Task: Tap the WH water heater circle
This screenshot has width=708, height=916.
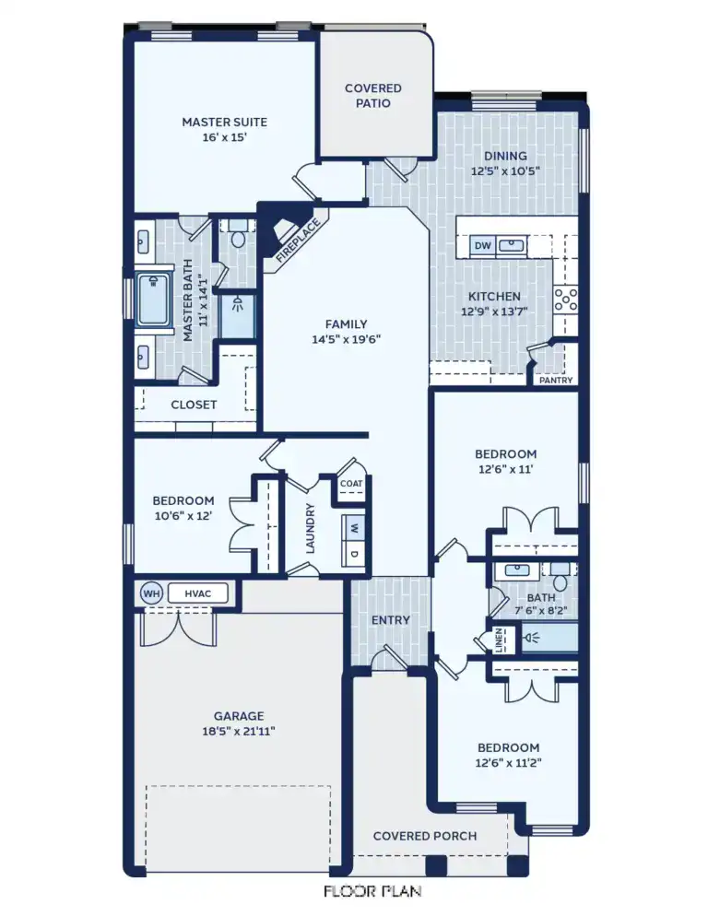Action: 150,593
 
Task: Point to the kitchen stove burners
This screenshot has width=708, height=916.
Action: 565,299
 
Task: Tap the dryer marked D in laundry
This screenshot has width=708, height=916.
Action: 354,554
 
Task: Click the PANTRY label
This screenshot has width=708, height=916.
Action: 556,380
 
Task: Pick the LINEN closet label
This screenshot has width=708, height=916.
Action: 499,639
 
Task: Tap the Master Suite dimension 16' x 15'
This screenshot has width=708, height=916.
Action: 224,137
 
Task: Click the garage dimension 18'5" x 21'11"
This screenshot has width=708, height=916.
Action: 239,731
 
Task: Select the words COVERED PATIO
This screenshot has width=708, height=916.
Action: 372,96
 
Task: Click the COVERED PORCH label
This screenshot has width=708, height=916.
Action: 425,836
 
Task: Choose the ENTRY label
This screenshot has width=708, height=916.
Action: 390,620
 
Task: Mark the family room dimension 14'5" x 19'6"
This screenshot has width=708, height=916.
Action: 346,339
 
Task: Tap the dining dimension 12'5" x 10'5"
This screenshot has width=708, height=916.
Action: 504,171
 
